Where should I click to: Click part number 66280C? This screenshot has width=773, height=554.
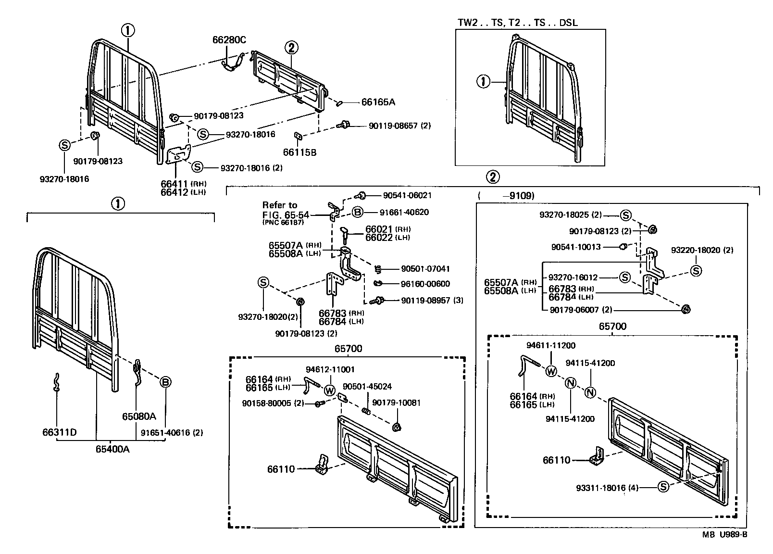click(x=229, y=40)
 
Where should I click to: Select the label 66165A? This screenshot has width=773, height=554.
click(x=378, y=102)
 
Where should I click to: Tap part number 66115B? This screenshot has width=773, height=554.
click(x=299, y=152)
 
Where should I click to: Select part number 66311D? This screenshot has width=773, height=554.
click(x=59, y=432)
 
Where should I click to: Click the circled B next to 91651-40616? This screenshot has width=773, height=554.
click(x=165, y=382)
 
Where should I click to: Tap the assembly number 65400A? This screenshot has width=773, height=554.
click(x=112, y=449)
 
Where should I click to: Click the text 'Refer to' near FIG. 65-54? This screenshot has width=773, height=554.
click(x=280, y=205)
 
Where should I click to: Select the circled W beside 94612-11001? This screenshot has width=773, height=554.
click(x=330, y=390)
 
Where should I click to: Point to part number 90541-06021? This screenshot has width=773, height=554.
click(x=407, y=195)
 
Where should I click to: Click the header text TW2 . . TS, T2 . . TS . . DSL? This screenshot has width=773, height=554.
click(x=517, y=23)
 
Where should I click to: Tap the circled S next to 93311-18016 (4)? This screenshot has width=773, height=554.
click(x=663, y=487)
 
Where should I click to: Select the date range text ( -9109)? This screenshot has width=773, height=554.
click(x=506, y=196)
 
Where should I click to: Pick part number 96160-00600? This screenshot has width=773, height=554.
click(x=425, y=284)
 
